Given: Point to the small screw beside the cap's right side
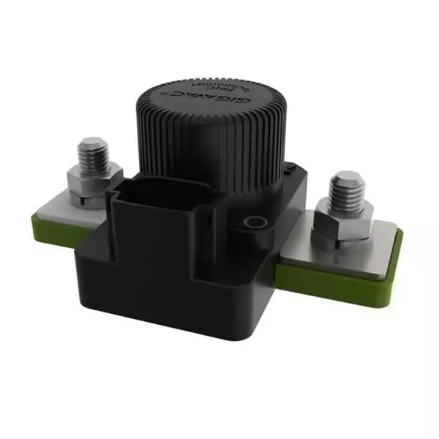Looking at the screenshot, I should tap(290, 170).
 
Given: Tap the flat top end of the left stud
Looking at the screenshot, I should tap(93, 143).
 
